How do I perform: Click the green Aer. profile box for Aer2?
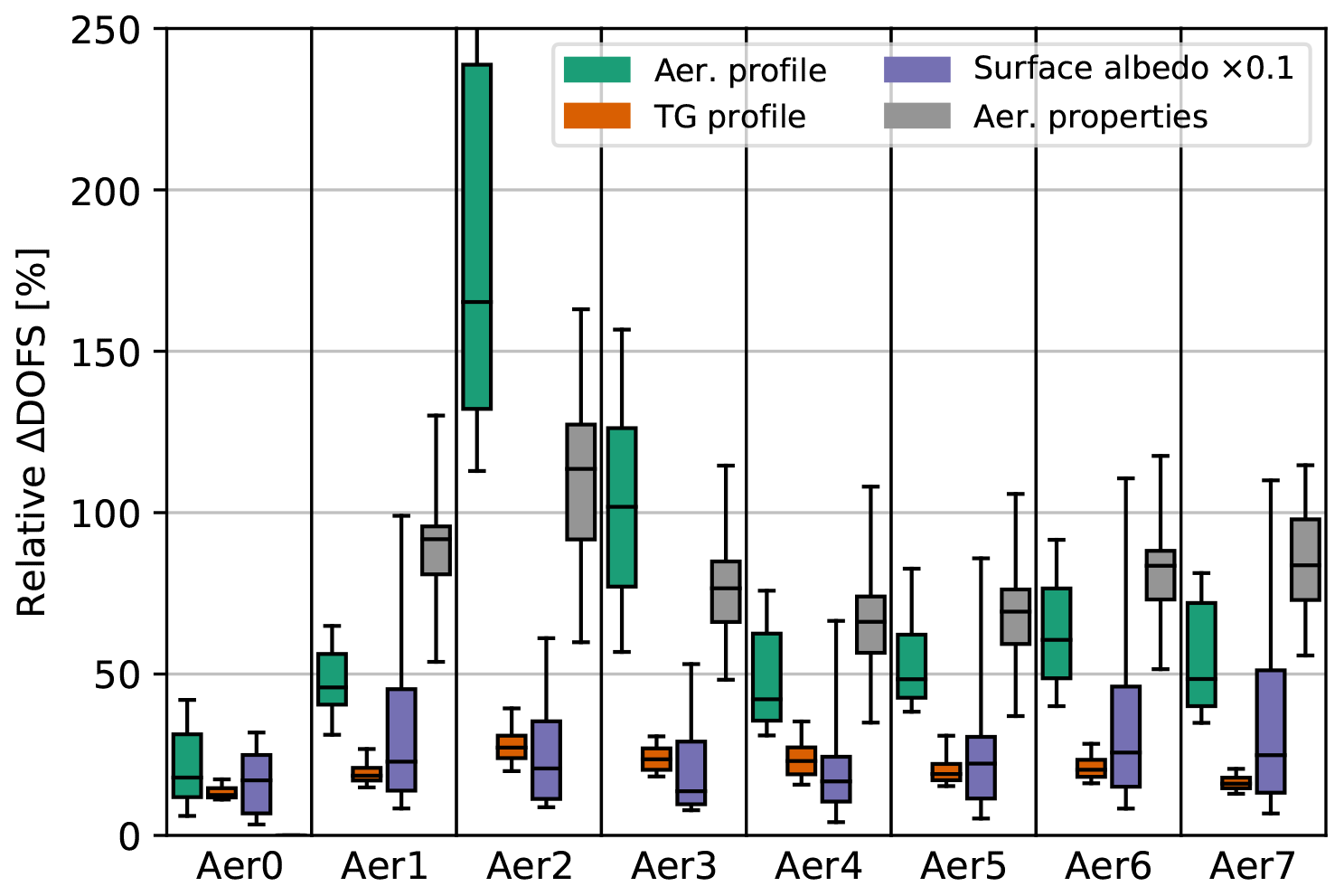476,236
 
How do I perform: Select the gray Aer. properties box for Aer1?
436,550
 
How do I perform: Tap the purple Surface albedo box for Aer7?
1271,731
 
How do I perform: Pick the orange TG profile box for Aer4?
801,760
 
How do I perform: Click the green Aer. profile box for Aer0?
187,765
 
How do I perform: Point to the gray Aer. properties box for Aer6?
1161,574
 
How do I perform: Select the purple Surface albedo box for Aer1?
401,740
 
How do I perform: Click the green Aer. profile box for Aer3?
621,507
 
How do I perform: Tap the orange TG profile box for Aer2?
512,746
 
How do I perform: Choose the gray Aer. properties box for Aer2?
581,482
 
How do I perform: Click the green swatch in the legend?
597,70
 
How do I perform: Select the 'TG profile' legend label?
729,117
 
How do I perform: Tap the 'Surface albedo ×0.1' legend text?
1133,69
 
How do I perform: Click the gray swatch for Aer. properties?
916,116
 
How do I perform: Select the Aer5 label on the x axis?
963,866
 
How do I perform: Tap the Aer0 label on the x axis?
240,866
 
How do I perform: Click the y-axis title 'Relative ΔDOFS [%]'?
33,432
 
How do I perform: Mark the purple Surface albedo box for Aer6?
1125,736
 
